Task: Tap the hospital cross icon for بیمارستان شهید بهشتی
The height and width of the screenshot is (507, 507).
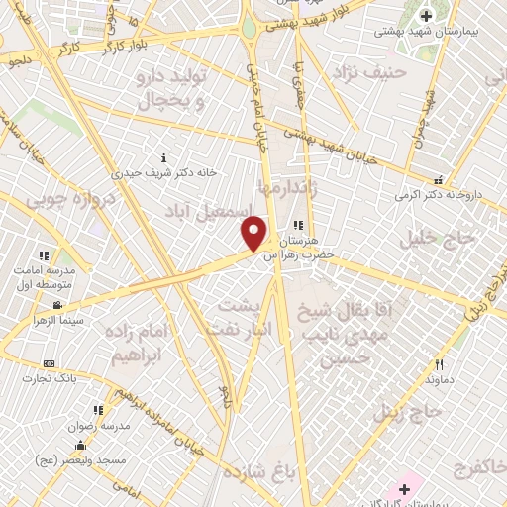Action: point(427,16)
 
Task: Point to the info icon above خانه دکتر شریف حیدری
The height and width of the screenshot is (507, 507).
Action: point(163,157)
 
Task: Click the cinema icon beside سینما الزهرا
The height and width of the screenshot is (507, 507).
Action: point(58,305)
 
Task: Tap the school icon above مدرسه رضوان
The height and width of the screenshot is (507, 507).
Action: point(97,409)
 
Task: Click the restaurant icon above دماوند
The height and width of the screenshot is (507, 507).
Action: point(439,365)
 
